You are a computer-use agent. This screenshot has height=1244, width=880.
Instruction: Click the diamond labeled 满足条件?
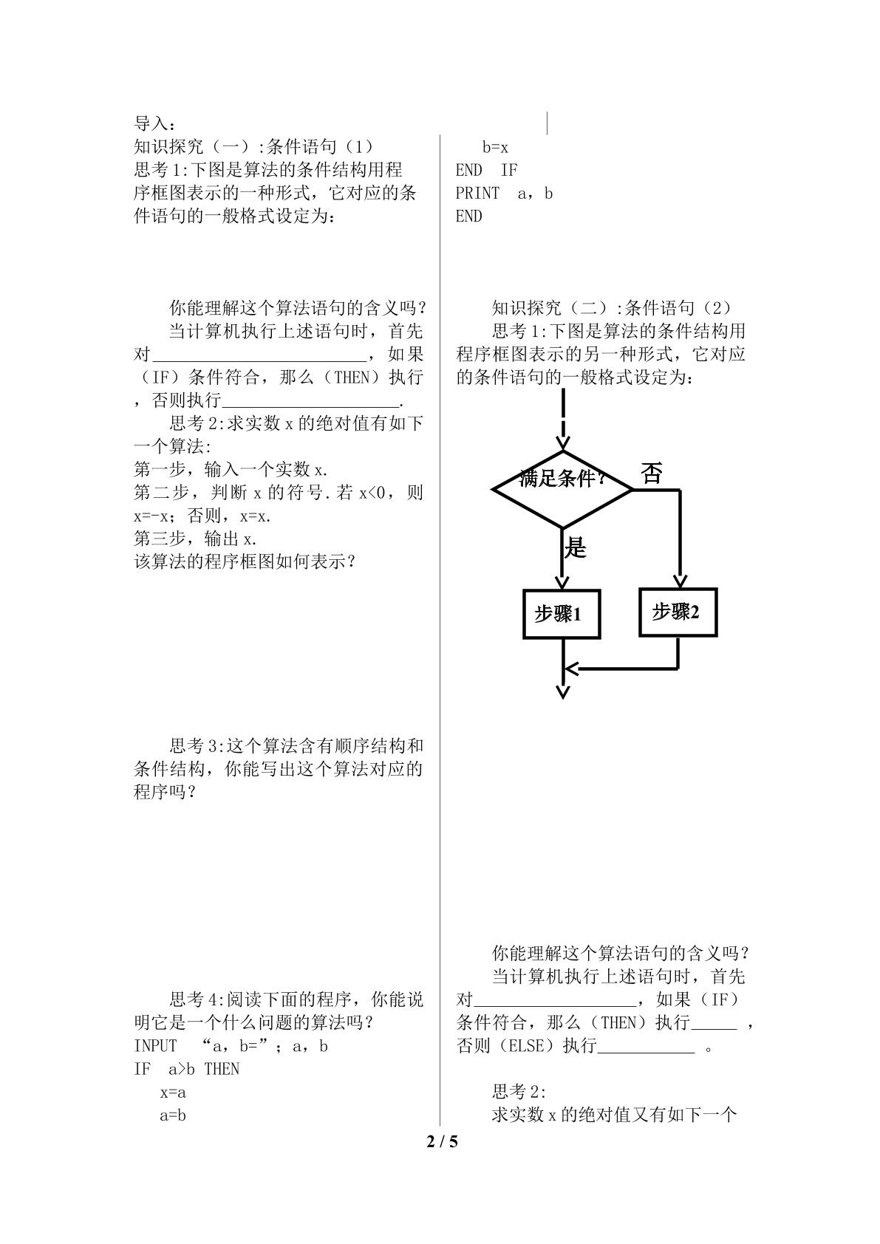(562, 489)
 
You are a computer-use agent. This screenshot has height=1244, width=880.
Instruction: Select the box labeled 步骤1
(562, 614)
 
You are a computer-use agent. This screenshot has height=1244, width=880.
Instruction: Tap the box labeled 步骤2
(678, 612)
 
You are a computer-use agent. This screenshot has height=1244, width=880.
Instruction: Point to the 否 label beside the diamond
(652, 474)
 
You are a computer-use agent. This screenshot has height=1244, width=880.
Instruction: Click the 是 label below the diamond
(576, 548)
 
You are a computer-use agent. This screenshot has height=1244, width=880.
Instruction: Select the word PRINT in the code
(477, 194)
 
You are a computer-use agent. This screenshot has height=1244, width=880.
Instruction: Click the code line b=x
(495, 147)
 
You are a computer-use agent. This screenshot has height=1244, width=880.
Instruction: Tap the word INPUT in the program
(156, 1046)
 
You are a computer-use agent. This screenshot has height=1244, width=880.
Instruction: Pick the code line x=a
(173, 1093)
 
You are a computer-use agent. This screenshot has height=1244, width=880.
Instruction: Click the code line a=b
(173, 1115)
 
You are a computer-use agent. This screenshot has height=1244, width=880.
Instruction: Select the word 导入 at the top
(151, 123)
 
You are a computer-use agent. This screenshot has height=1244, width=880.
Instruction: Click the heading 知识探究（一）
(194, 146)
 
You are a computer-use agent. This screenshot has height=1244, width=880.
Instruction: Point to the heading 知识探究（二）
(553, 307)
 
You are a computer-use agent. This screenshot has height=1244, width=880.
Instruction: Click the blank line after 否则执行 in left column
(311, 407)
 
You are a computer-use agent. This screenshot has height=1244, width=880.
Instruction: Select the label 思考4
(195, 999)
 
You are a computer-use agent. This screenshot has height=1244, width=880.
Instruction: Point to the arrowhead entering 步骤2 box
(680, 581)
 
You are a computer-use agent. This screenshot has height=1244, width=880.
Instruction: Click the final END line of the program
(469, 216)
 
